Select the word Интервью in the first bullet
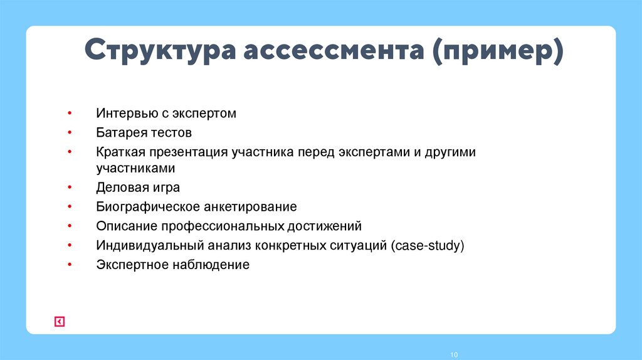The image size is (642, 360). coord(125,114)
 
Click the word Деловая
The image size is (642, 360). coord(122,187)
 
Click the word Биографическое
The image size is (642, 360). coord(148,206)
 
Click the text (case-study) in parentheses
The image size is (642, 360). coord(427,245)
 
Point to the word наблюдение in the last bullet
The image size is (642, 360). coord(217,265)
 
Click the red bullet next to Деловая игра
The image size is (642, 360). coord(70,187)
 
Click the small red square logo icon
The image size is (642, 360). coord(59,322)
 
